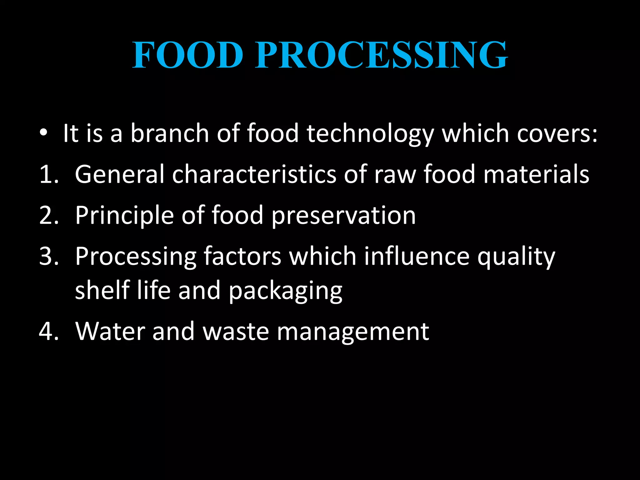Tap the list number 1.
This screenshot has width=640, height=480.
[49, 174]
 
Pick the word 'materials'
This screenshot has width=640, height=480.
[536, 174]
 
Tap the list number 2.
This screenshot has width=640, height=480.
[49, 216]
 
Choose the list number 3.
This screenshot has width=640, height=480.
[49, 257]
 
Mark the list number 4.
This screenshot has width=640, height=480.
[49, 331]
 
